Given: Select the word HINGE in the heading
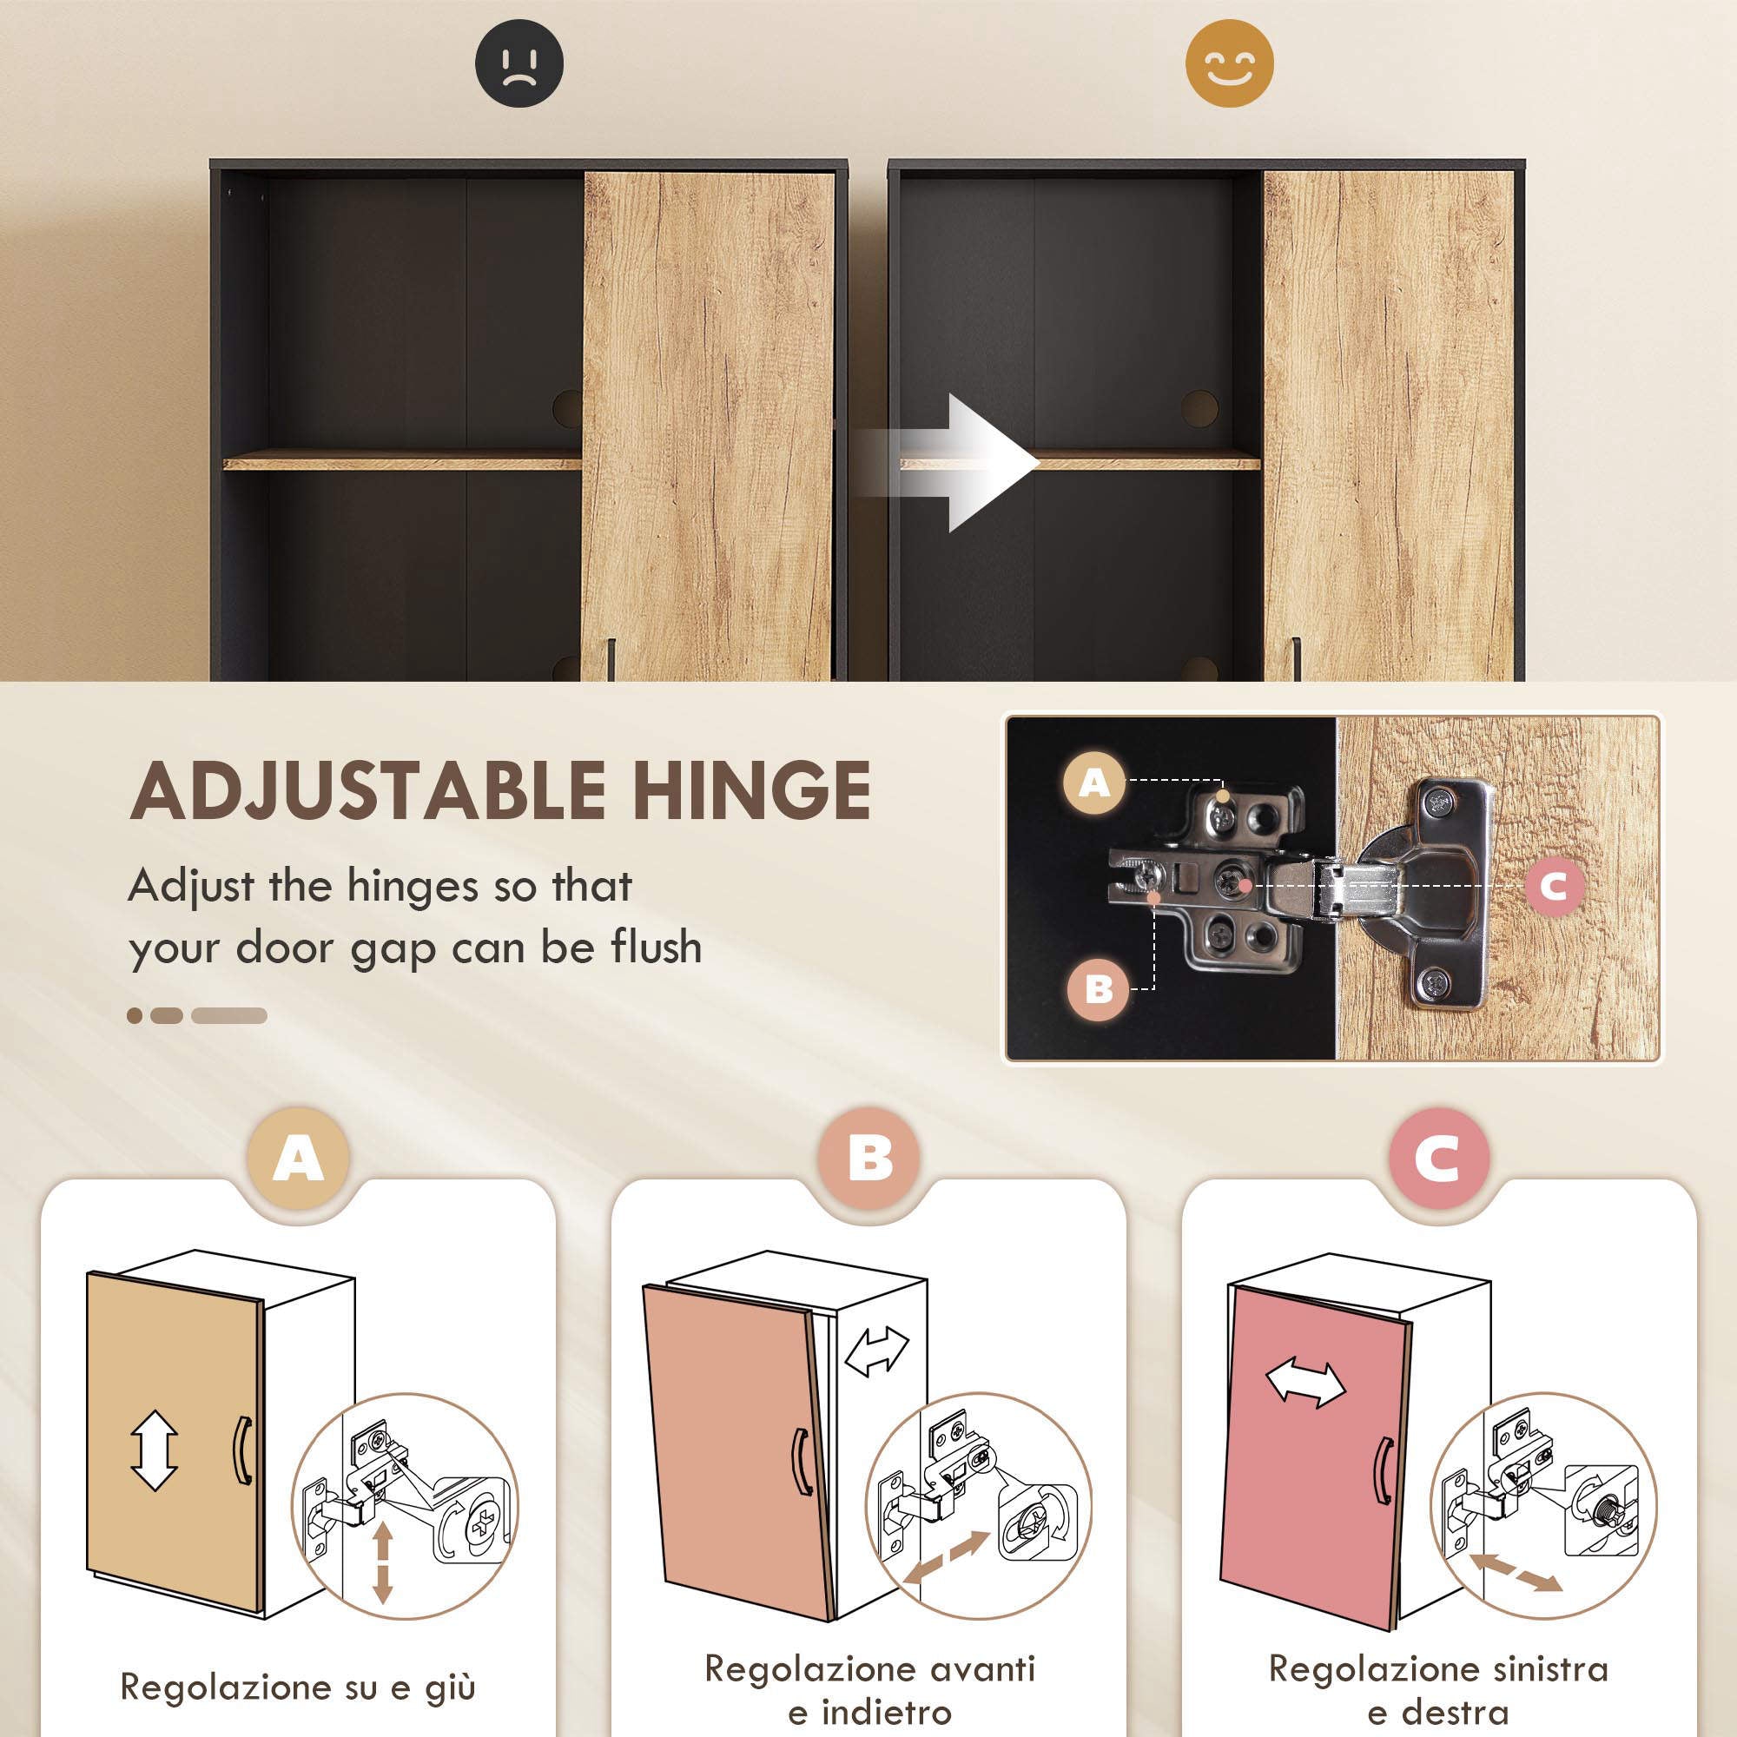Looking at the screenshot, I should (750, 790).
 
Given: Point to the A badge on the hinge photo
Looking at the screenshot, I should (1093, 783).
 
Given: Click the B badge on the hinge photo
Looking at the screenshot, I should (1099, 989).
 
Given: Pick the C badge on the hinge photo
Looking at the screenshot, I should (1554, 886).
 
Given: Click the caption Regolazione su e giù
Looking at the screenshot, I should (298, 1661).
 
